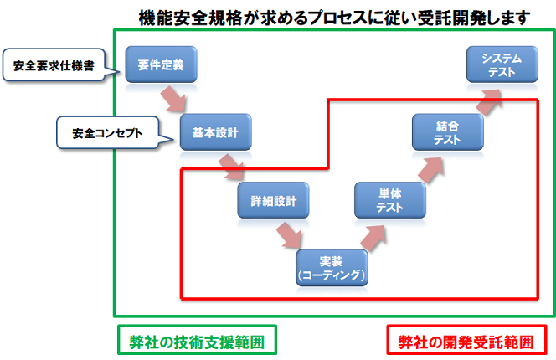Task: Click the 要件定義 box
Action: (161, 64)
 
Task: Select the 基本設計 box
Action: (215, 132)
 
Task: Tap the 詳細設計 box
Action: (273, 200)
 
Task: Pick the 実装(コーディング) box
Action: (332, 267)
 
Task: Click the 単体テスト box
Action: (390, 200)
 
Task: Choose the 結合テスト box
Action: (448, 132)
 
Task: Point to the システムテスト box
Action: (502, 64)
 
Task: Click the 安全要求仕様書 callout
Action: (54, 65)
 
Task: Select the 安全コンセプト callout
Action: (107, 132)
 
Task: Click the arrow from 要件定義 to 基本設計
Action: (174, 99)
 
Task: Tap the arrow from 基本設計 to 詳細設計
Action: (232, 167)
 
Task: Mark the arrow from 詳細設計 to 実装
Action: (289, 234)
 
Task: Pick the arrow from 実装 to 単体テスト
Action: (373, 238)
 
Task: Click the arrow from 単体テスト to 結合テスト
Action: (430, 170)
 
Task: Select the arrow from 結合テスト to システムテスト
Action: (488, 102)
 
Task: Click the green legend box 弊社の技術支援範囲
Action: (197, 340)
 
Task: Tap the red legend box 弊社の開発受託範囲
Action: (466, 340)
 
